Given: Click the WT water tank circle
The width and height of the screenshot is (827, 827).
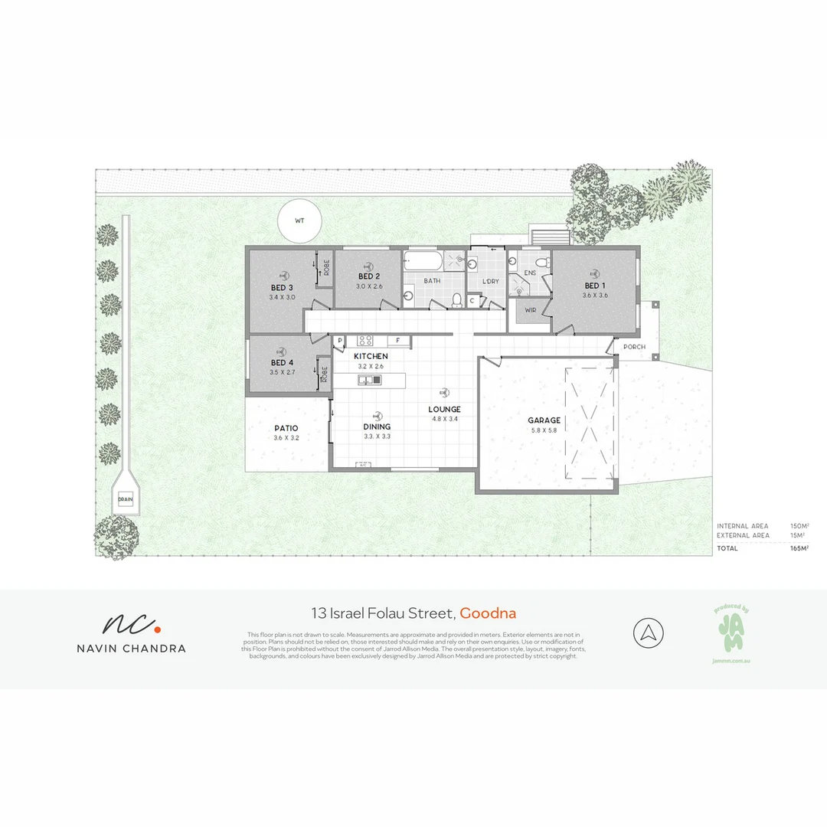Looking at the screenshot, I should pyautogui.click(x=299, y=220).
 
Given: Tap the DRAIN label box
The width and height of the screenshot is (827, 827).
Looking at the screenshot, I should pyautogui.click(x=125, y=499).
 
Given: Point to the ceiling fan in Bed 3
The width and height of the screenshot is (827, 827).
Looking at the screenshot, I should pyautogui.click(x=286, y=274).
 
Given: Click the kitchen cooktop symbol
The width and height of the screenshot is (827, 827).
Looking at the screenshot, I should pyautogui.click(x=364, y=340).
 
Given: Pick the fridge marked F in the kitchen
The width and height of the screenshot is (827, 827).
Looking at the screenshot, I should pyautogui.click(x=398, y=340).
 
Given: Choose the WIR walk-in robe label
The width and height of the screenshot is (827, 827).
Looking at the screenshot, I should pyautogui.click(x=530, y=310).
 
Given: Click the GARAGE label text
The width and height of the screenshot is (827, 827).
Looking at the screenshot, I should pyautogui.click(x=544, y=420).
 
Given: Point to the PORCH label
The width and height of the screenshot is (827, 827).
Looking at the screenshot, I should pyautogui.click(x=634, y=347).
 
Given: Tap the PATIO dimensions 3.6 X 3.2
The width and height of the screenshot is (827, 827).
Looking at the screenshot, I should pyautogui.click(x=285, y=438).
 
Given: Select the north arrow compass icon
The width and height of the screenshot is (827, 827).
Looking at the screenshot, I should pyautogui.click(x=649, y=633).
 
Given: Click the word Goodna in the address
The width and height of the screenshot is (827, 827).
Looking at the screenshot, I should pyautogui.click(x=489, y=613).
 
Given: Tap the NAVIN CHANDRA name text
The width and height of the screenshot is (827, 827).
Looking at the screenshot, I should pyautogui.click(x=131, y=648).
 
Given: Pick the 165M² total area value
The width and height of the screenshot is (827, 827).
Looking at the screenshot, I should pyautogui.click(x=799, y=548).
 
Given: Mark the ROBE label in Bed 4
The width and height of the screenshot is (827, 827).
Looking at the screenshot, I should pyautogui.click(x=324, y=374).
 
